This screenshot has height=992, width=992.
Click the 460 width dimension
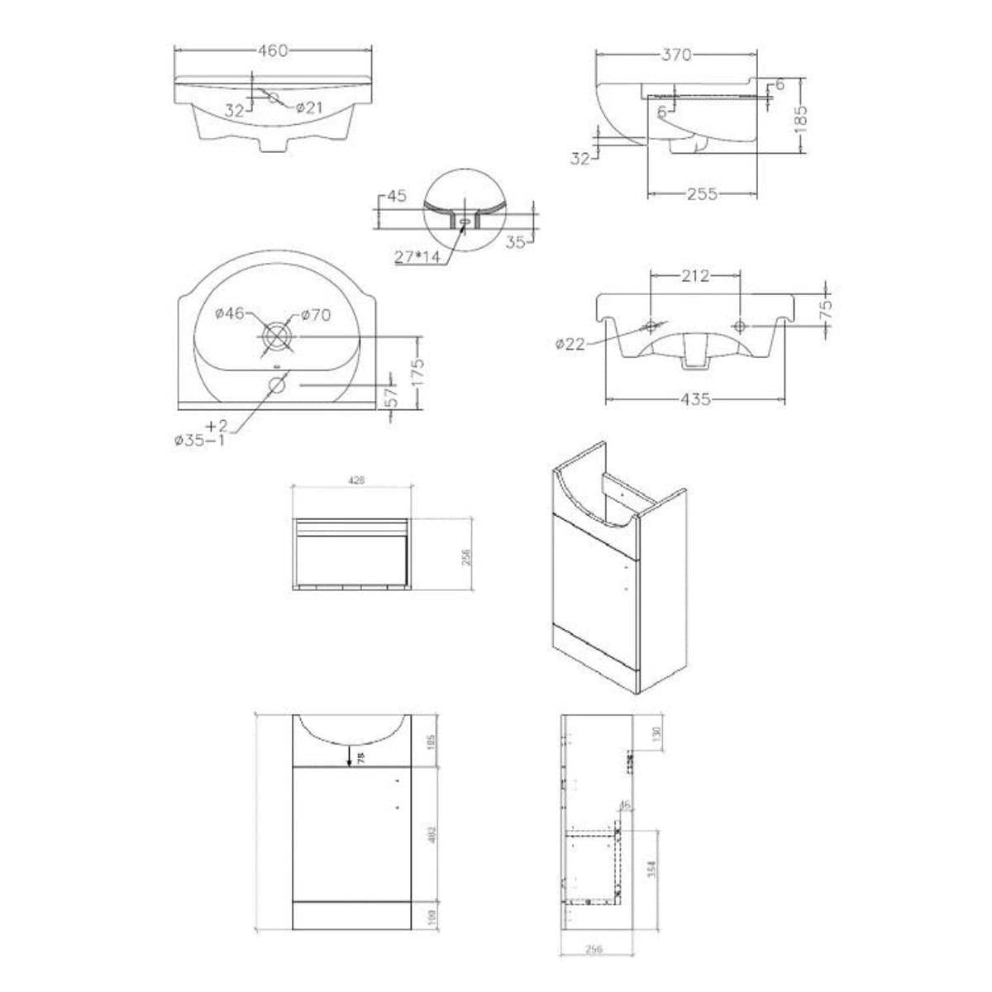pos(273,51)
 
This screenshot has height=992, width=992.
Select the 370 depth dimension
pos(675,55)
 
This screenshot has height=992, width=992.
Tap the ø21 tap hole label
pos(308,107)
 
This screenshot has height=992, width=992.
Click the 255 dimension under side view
pos(702,195)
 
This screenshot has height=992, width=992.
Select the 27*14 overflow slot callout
pos(417,257)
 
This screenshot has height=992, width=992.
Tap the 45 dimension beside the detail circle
pos(396,197)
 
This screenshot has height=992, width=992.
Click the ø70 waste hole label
pos(315,314)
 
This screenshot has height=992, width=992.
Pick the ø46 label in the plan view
pos(229,313)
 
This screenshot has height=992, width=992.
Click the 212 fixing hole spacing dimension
pos(694,276)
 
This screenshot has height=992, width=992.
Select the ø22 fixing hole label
pos(570,343)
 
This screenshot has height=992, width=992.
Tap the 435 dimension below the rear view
pos(696,399)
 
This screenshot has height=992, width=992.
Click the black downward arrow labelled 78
pos(351,755)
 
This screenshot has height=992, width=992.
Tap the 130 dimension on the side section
pos(656,732)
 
